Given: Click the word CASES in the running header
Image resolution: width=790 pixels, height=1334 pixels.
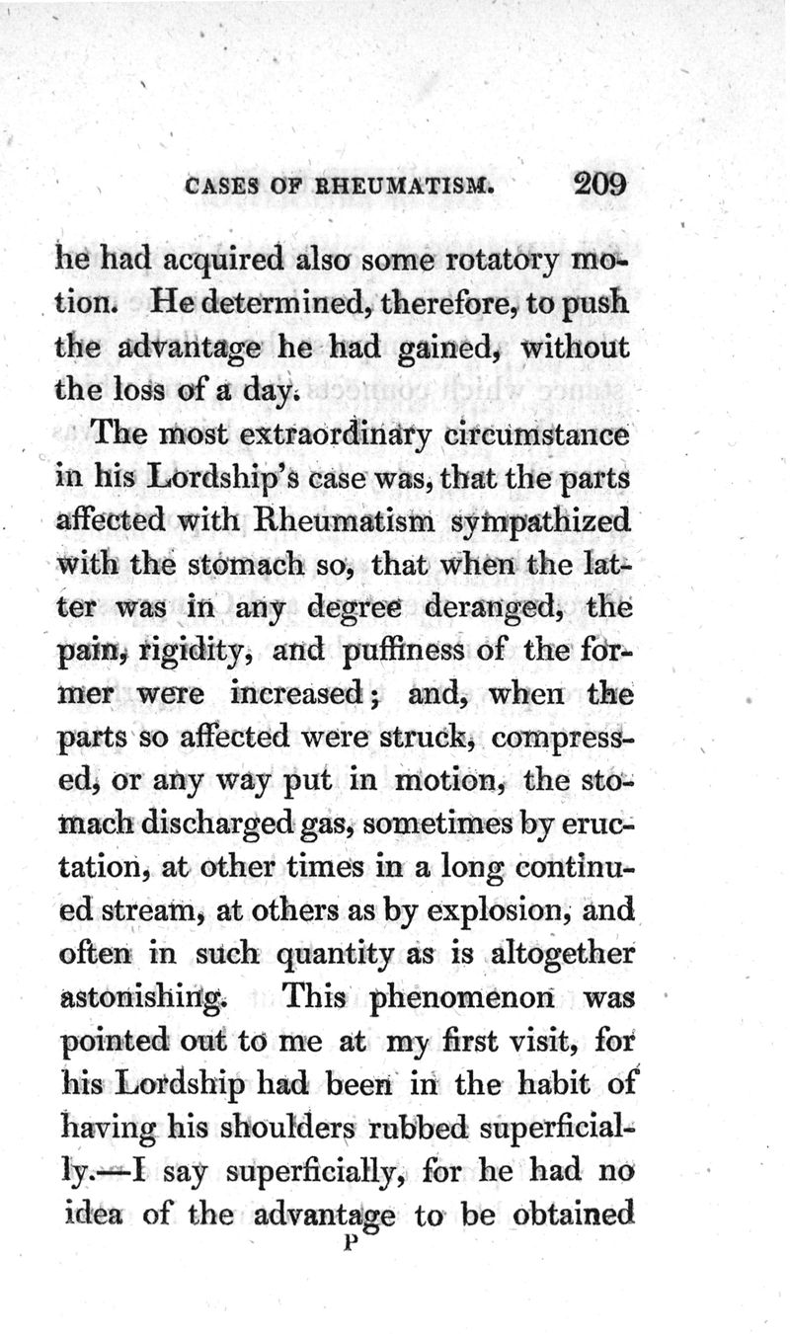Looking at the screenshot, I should click(221, 186).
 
